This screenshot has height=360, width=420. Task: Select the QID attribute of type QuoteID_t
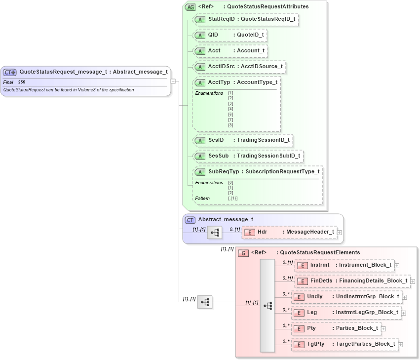click(x=229, y=35)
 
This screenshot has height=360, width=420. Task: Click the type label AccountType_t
click(x=257, y=82)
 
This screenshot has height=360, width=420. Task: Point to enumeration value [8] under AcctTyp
click(x=230, y=125)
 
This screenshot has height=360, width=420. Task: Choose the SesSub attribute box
click(x=248, y=156)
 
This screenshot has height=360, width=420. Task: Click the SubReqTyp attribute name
click(x=224, y=172)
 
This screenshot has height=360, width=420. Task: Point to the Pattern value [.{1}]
click(x=233, y=198)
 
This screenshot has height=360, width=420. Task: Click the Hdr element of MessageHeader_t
click(x=289, y=232)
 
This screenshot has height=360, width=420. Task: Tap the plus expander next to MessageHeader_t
click(x=339, y=232)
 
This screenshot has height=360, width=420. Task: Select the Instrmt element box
click(x=344, y=265)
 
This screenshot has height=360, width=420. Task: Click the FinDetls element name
click(x=321, y=281)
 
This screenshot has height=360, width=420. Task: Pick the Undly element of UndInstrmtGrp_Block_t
click(x=346, y=297)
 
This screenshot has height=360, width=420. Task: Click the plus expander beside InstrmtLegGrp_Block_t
click(x=403, y=313)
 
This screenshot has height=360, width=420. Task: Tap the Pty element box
click(x=335, y=328)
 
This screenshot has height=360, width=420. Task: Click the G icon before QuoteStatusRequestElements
click(x=243, y=253)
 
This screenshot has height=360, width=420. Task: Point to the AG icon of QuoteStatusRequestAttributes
click(x=190, y=7)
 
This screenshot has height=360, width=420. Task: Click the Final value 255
click(x=22, y=81)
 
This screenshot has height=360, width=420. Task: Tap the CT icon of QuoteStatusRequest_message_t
click(x=10, y=72)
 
